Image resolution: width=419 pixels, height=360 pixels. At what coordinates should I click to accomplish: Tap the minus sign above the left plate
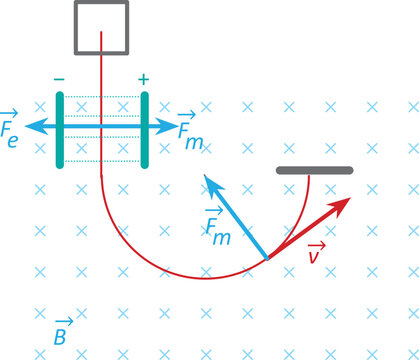[60, 78]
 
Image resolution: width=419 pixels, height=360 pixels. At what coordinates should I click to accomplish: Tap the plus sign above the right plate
[144, 78]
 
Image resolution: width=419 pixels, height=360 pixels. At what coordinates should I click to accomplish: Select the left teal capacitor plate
[60, 129]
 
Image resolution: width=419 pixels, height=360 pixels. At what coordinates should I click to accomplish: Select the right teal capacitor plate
[145, 129]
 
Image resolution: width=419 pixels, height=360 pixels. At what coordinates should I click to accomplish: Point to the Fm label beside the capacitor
[189, 129]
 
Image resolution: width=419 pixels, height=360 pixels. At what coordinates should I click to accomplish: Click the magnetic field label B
[59, 336]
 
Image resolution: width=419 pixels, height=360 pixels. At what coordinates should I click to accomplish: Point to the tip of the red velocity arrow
[349, 200]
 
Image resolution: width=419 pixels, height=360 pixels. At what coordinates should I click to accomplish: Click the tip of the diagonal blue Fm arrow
[206, 176]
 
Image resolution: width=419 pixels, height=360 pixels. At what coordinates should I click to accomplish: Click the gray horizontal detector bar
[313, 171]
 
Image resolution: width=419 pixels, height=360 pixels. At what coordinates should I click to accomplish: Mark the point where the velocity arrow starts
[267, 258]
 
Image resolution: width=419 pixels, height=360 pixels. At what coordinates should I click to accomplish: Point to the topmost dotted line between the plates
[102, 97]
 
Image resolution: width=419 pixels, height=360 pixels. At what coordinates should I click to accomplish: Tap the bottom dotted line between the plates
[102, 160]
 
